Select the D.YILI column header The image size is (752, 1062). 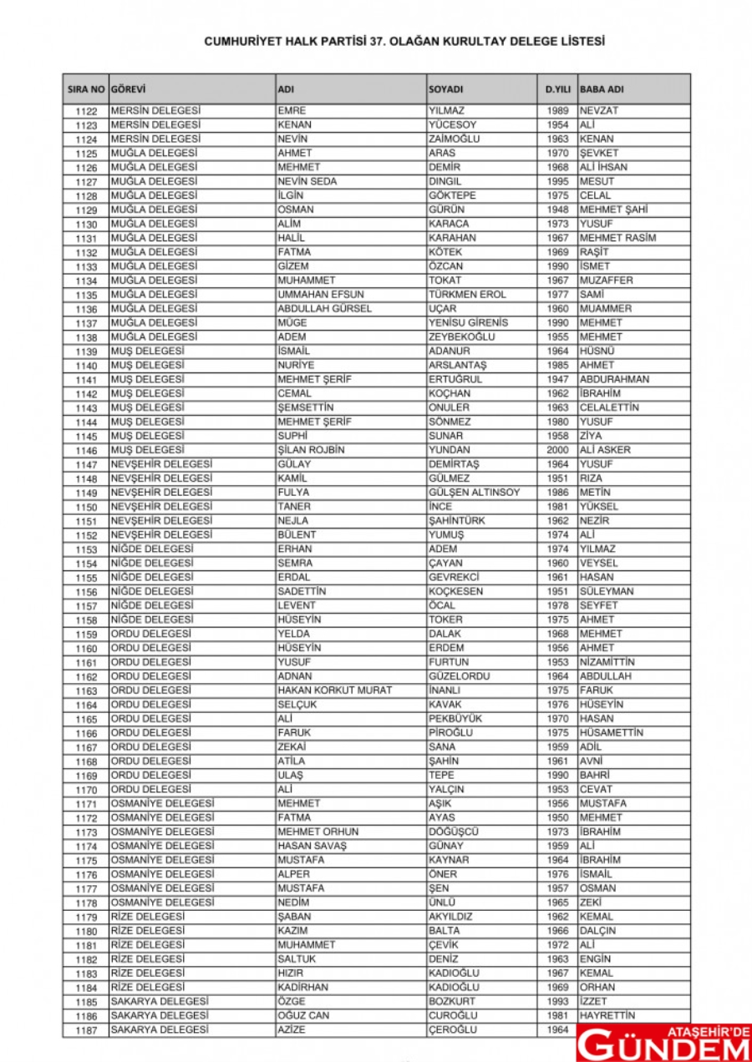[x=557, y=89]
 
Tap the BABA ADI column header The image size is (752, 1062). [x=602, y=89]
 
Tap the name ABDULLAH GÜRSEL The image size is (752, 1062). [x=325, y=309]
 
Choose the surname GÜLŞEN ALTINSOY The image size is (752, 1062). [x=474, y=493]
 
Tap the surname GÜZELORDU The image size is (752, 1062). [x=459, y=676]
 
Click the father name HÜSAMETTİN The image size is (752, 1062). [x=612, y=733]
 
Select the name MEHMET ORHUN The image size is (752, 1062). [x=318, y=832]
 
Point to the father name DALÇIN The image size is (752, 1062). [x=597, y=930]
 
